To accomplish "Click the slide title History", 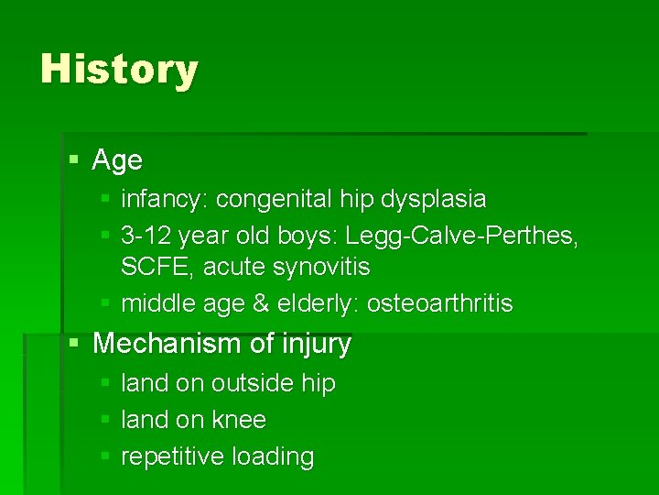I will tap(119, 71).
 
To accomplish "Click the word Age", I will tap(117, 160).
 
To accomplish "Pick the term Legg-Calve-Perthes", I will tap(461, 236).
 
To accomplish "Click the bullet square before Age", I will tap(75, 161).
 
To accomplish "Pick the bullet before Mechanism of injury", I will tap(75, 345).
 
